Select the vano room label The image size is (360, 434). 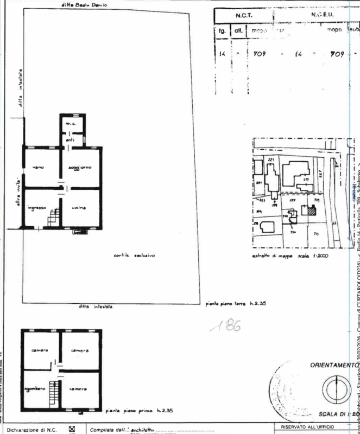38,167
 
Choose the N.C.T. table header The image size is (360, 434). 242,17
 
